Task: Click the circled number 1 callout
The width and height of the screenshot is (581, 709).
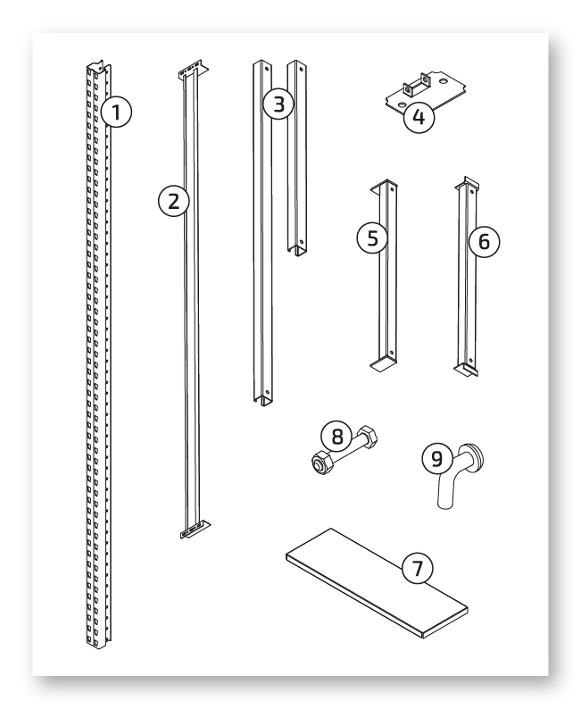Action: [116, 112]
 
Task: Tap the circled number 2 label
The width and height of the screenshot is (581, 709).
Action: [174, 201]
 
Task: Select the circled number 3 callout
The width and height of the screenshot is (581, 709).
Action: [279, 104]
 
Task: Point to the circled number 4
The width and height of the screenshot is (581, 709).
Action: [419, 117]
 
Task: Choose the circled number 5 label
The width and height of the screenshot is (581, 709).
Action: [372, 238]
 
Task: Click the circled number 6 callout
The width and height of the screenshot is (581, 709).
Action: [484, 242]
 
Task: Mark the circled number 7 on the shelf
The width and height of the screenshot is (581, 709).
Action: [417, 568]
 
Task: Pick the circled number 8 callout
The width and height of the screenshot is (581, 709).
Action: [337, 437]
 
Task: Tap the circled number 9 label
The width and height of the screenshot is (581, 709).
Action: [437, 458]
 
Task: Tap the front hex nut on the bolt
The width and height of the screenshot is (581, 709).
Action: [321, 463]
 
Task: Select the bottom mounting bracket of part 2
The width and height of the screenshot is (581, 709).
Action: [195, 530]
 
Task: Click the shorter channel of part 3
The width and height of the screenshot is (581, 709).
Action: [297, 157]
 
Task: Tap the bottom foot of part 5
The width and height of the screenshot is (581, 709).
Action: [383, 363]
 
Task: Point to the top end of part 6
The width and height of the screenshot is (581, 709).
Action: [467, 185]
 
